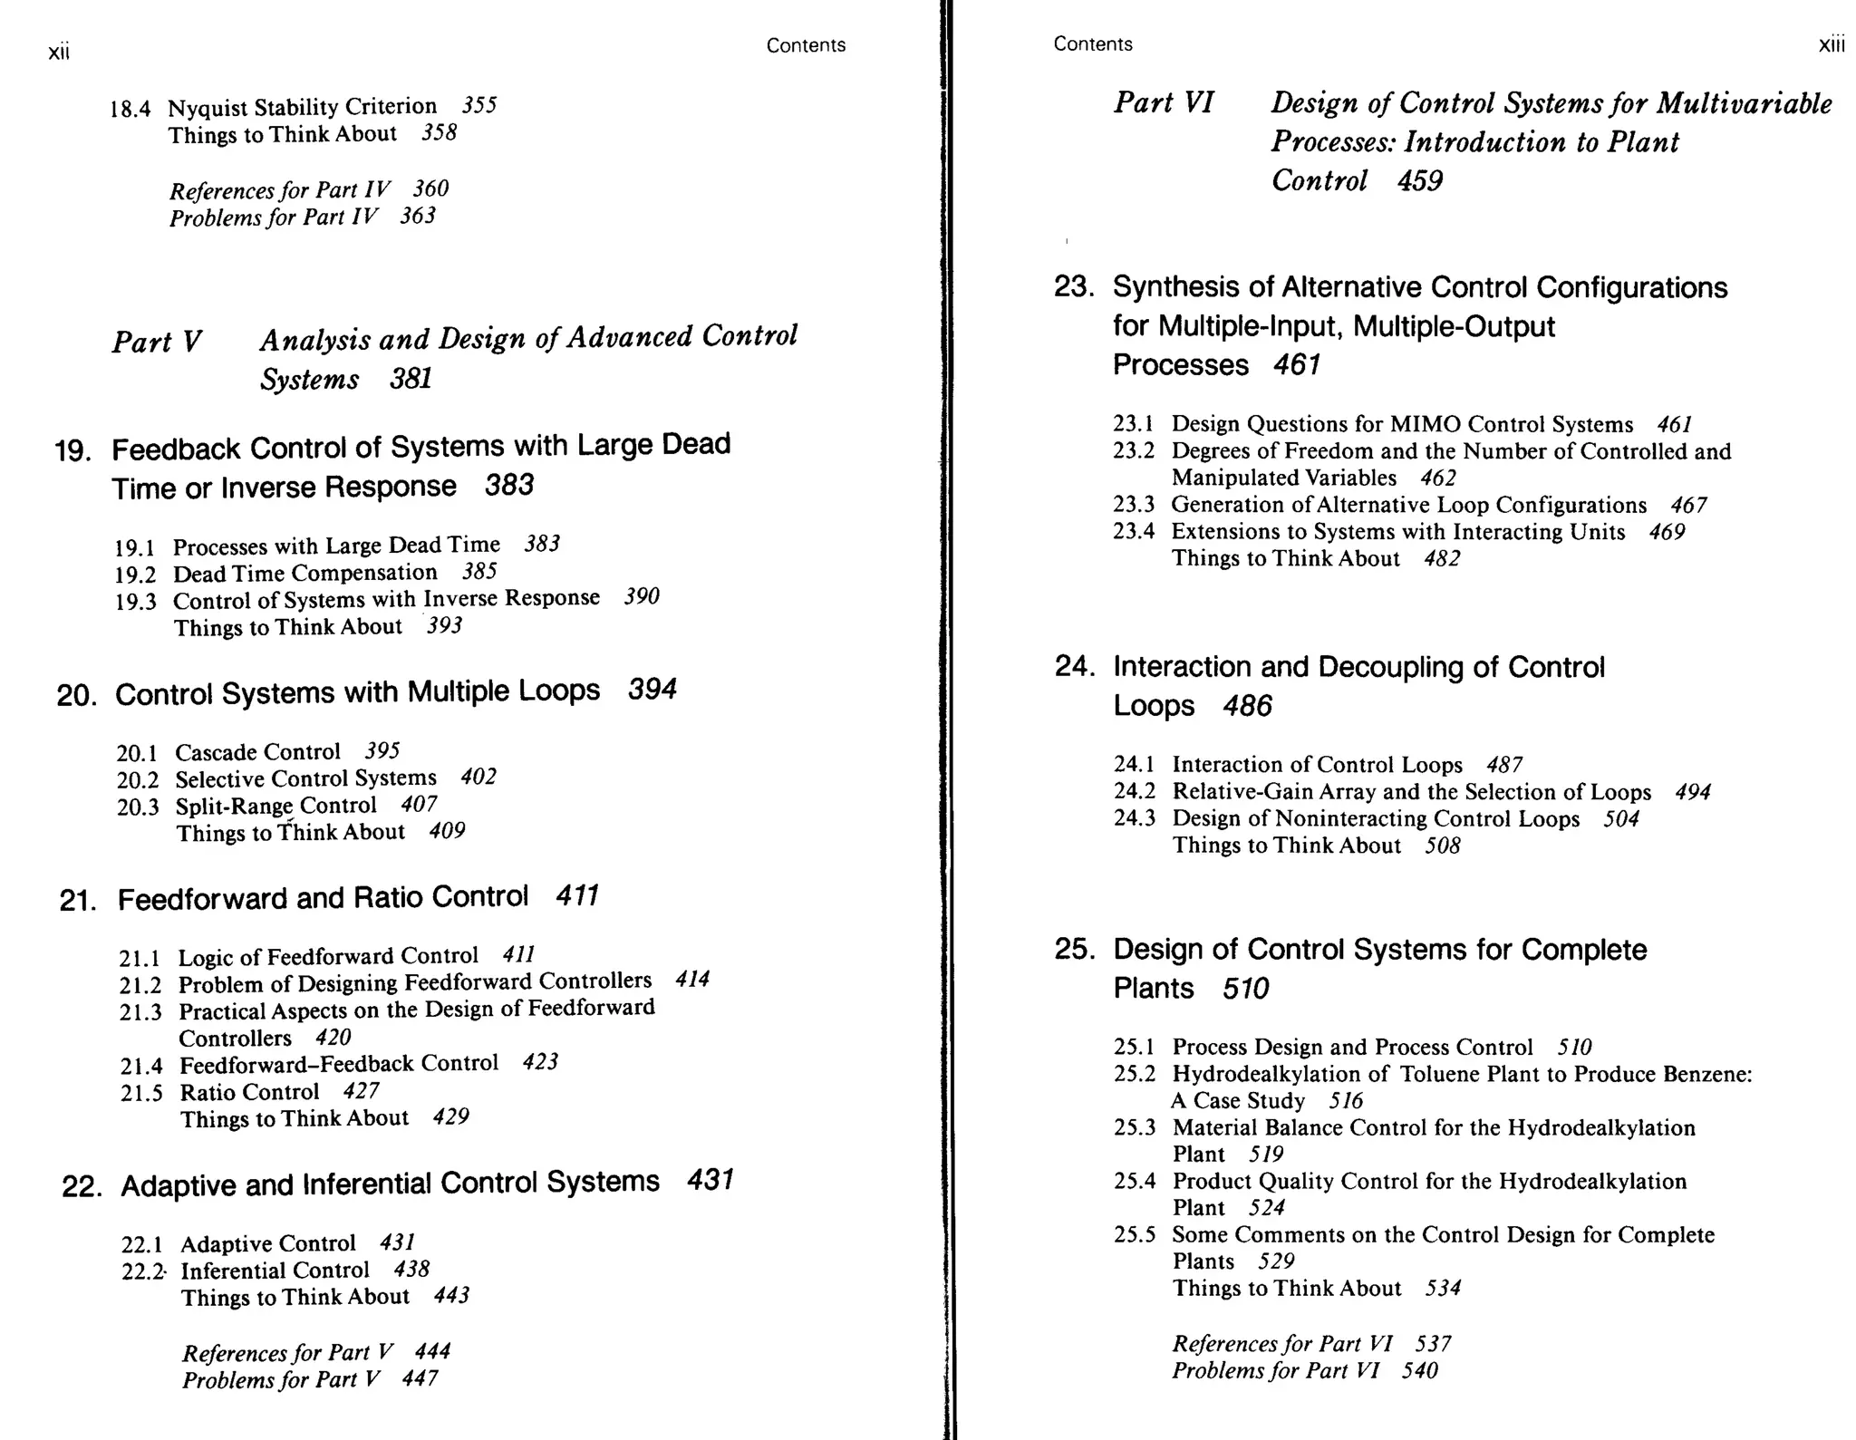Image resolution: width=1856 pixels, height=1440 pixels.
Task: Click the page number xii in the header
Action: pyautogui.click(x=59, y=53)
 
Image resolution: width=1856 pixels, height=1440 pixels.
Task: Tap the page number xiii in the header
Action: pyautogui.click(x=1831, y=45)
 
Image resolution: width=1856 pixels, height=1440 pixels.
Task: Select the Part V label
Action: pyautogui.click(x=156, y=342)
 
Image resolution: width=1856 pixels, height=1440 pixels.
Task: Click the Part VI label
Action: pyautogui.click(x=1164, y=102)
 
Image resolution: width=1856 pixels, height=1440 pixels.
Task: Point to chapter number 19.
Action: pyautogui.click(x=72, y=450)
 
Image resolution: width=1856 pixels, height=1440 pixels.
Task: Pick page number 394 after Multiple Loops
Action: pyautogui.click(x=652, y=690)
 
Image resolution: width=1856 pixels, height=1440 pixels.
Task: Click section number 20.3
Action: pyautogui.click(x=138, y=807)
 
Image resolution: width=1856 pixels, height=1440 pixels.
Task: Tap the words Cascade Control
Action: pyautogui.click(x=257, y=752)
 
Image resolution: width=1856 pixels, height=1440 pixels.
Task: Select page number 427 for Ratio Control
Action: pyautogui.click(x=361, y=1091)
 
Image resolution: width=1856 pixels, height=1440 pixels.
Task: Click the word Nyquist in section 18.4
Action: pyautogui.click(x=208, y=107)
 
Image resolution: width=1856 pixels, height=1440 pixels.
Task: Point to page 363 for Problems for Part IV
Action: pyautogui.click(x=418, y=216)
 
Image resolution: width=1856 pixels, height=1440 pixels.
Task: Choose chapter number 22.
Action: pyautogui.click(x=80, y=1186)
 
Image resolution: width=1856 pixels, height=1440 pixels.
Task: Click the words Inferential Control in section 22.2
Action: pyautogui.click(x=275, y=1271)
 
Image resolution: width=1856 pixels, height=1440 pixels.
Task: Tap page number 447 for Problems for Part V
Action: pyautogui.click(x=420, y=1378)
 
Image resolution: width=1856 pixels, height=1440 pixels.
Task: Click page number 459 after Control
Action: pyautogui.click(x=1419, y=180)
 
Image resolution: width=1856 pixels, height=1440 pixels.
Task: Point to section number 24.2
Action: pyautogui.click(x=1134, y=791)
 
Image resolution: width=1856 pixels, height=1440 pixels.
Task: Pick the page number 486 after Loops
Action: pyautogui.click(x=1247, y=706)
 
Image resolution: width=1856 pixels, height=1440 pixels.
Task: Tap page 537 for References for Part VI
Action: pyautogui.click(x=1433, y=1343)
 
